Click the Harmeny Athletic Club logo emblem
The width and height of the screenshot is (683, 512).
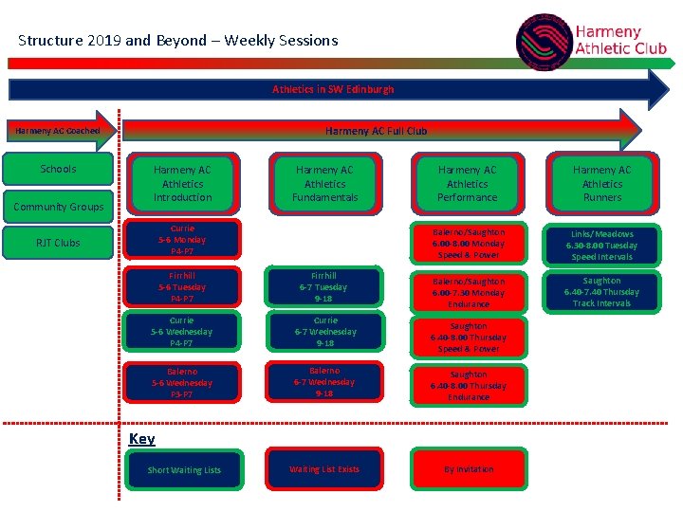[545, 41]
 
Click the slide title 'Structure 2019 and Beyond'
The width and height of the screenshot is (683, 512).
[177, 40]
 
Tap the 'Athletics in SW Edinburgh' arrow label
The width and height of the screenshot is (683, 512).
[333, 89]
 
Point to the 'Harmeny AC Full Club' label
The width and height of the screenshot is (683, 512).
[376, 131]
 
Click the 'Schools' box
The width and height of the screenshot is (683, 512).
[58, 169]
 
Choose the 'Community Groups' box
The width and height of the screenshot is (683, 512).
[58, 207]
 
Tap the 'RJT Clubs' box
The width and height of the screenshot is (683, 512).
[58, 243]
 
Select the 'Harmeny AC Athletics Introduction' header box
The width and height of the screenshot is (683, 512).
[182, 183]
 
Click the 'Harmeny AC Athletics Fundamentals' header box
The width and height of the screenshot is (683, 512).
[325, 183]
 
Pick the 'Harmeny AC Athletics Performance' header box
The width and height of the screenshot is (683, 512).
[467, 183]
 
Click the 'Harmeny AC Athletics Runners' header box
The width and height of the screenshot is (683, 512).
[602, 183]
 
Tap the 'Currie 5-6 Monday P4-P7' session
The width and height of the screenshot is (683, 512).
[182, 240]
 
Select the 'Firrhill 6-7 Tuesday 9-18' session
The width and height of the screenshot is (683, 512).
[325, 287]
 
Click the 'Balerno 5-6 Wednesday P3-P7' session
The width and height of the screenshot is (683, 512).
[182, 383]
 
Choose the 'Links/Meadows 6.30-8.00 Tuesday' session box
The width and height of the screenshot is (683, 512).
[602, 245]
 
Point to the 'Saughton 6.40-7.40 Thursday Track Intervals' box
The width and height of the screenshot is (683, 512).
[602, 292]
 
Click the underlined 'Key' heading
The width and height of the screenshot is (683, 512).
[141, 438]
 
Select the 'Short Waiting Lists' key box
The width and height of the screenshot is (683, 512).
[184, 470]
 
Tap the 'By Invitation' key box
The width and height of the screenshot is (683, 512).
[468, 469]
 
